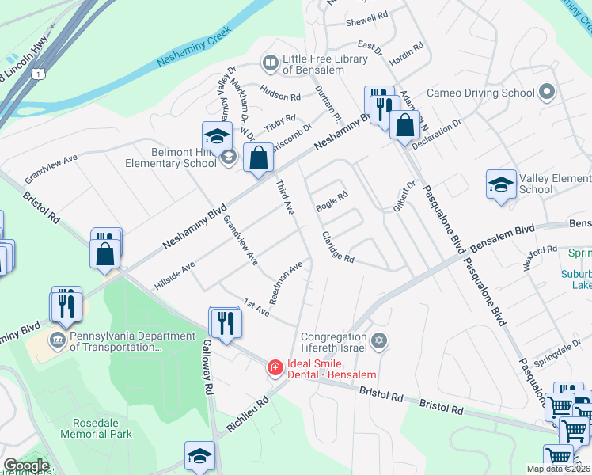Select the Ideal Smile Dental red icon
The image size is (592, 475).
275,367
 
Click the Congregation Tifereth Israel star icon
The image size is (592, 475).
379,340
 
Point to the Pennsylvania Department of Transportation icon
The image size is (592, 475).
58,341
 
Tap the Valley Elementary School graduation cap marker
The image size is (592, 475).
501,185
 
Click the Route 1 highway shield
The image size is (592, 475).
37,74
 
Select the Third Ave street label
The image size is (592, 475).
284,196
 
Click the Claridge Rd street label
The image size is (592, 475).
337,248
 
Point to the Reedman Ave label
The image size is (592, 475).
287,283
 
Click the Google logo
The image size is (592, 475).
26,465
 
